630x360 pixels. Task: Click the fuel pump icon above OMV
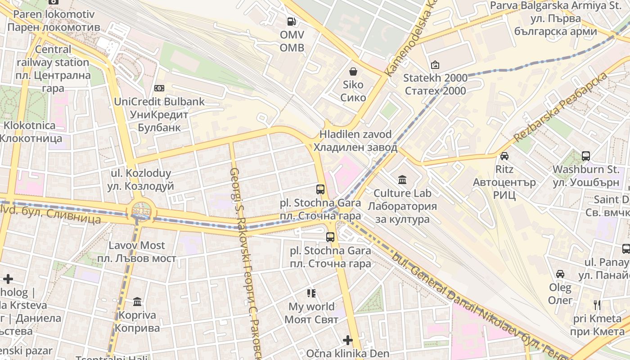(x=292, y=21)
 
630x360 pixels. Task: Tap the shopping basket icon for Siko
(x=353, y=71)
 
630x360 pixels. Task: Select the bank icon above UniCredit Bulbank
(x=159, y=88)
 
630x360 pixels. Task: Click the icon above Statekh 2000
(x=435, y=65)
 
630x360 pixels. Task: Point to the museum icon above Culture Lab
(x=402, y=180)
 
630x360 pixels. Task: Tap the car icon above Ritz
(x=504, y=156)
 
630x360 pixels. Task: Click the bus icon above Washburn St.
(x=585, y=156)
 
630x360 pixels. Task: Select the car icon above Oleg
(x=560, y=274)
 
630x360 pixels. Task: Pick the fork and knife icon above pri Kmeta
(x=597, y=305)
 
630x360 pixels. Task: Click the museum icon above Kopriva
(x=137, y=301)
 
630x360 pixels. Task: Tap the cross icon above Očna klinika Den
(x=347, y=340)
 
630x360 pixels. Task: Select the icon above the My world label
(x=311, y=294)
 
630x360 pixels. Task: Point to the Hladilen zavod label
(x=355, y=141)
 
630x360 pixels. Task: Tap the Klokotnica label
(x=30, y=131)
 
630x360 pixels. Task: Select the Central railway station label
(x=53, y=69)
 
